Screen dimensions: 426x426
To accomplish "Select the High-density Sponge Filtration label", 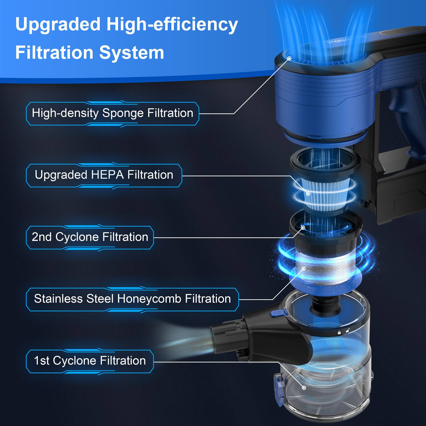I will click(112, 113).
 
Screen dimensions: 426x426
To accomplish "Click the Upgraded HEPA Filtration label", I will click(104, 175).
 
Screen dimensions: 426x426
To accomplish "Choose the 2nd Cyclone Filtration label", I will click(90, 237).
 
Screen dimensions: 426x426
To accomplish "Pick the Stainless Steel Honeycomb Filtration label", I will click(132, 299).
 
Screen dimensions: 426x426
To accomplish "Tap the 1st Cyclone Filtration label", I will click(90, 361).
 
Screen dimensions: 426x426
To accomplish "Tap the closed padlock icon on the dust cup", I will click(339, 333).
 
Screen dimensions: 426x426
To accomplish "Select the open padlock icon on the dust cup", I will click(348, 331).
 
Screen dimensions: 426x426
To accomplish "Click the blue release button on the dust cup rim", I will click(277, 313).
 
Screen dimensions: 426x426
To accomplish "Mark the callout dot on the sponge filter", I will click(289, 59).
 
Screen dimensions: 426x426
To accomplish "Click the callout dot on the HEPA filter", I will click(308, 194).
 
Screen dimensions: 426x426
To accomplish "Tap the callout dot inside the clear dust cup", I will click(304, 388).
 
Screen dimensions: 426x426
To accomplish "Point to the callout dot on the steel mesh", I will click(304, 269).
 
